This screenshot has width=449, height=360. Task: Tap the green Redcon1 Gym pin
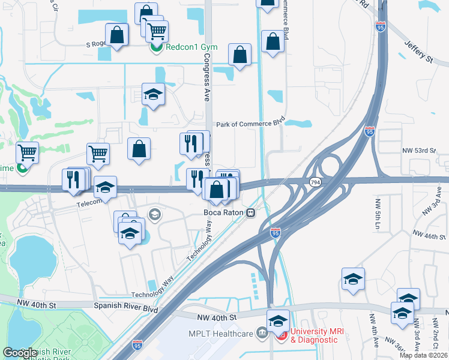(156, 47)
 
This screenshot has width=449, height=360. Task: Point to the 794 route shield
(314, 181)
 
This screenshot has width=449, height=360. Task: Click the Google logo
(20, 352)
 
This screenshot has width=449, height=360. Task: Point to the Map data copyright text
(423, 355)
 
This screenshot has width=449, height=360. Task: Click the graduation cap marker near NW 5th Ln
(354, 278)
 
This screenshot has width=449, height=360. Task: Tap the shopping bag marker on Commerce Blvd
(273, 41)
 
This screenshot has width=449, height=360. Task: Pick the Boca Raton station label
(226, 213)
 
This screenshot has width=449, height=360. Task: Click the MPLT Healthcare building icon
(261, 332)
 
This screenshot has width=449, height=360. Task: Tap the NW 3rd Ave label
(433, 200)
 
